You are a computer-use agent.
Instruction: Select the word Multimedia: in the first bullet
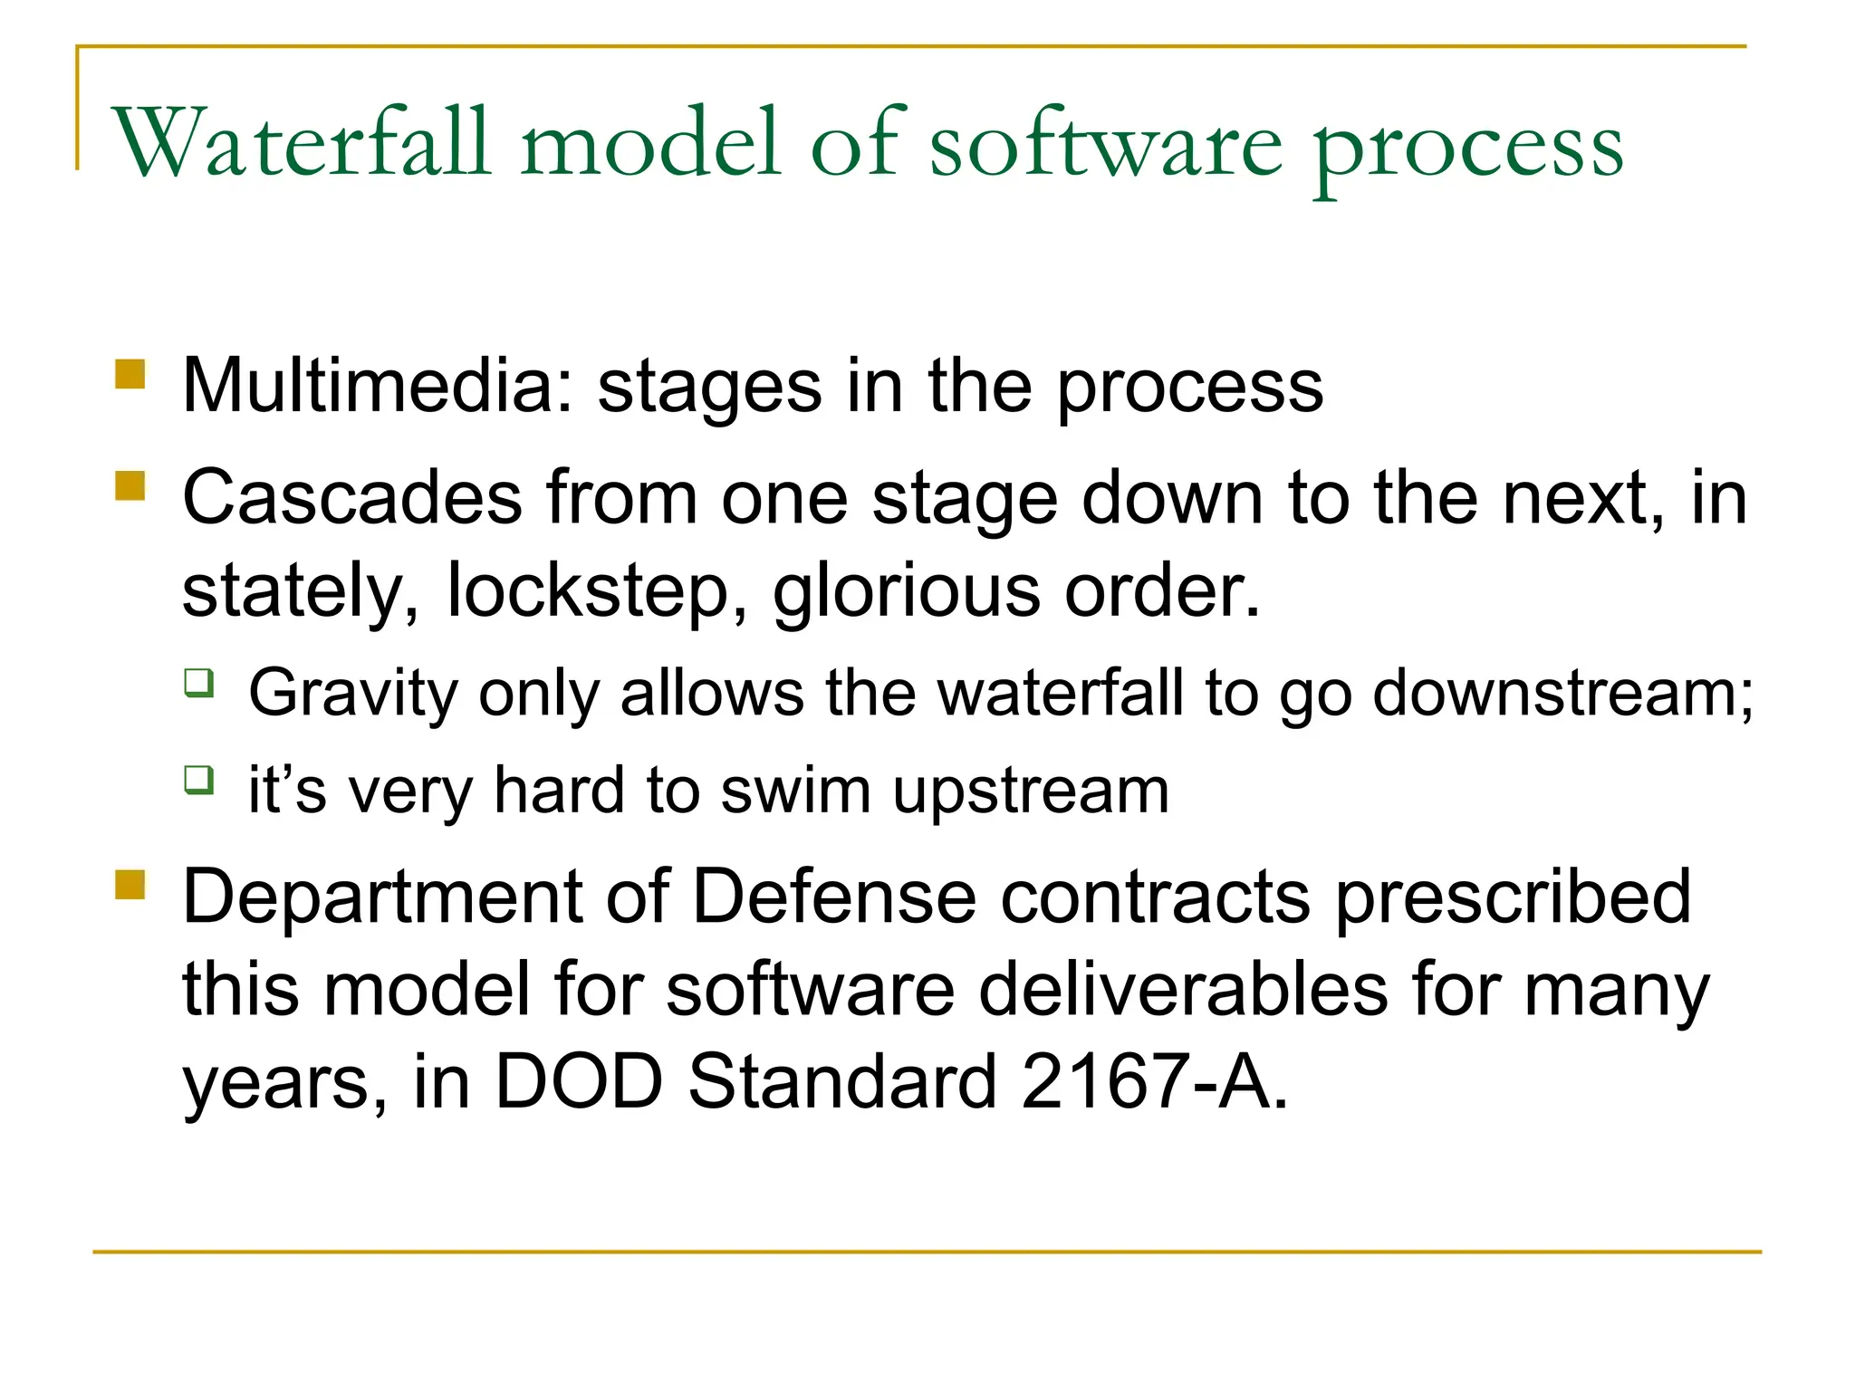(378, 387)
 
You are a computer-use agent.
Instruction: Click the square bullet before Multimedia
(130, 374)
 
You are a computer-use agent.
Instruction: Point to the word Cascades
(352, 498)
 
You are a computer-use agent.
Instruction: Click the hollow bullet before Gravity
(199, 682)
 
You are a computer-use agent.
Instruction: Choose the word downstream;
(1562, 694)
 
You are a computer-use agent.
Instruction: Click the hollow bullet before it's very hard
(199, 779)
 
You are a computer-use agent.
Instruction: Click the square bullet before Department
(130, 885)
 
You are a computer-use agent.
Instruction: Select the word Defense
(834, 897)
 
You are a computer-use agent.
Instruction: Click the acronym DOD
(579, 1081)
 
